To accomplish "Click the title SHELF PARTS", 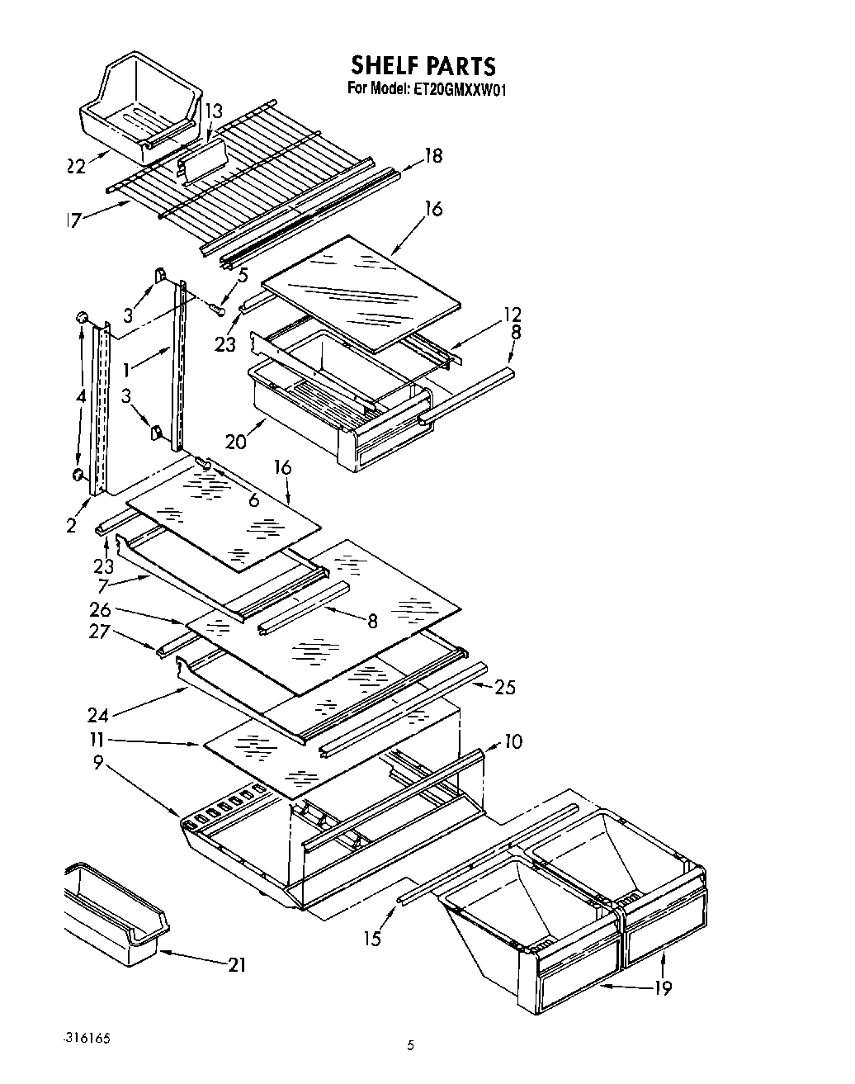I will [423, 65].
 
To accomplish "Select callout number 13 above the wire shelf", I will [213, 111].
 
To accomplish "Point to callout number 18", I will [432, 154].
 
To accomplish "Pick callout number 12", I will [513, 314].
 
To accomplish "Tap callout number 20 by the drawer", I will [236, 442].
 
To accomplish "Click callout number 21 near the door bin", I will [236, 963].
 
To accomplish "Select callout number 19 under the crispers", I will [663, 987].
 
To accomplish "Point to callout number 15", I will [374, 938].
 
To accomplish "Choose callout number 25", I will [504, 686].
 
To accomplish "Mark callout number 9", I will [98, 764].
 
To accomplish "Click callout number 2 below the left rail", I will [72, 525].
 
